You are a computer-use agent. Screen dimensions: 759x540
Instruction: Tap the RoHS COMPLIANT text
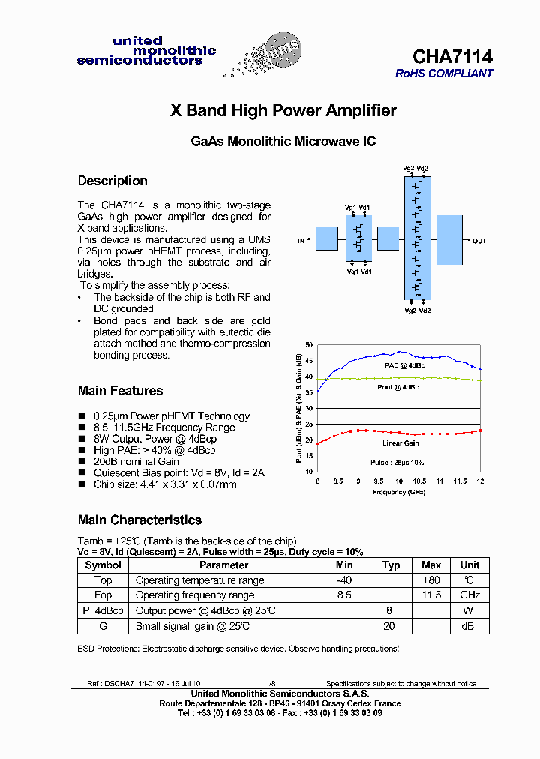444,73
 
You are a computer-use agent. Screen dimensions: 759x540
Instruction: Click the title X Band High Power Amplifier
283,111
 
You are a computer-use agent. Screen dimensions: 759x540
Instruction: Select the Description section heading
112,181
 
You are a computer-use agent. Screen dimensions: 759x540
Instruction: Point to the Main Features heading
120,391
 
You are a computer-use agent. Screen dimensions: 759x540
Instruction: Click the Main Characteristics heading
139,520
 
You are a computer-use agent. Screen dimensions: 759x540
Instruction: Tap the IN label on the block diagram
301,241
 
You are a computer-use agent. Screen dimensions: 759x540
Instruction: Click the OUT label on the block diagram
479,241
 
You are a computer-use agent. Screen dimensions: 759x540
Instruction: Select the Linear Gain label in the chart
401,443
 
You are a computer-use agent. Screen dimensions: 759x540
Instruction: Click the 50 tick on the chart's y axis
309,345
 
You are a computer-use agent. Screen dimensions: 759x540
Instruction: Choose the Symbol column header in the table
103,565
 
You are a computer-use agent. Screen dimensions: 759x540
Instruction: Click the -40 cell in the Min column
344,580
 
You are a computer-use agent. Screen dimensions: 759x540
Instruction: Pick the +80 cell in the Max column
431,580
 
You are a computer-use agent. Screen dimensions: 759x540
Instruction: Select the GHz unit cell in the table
469,595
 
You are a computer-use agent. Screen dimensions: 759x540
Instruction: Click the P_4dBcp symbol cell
103,611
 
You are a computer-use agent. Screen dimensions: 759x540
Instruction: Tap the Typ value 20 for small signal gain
388,626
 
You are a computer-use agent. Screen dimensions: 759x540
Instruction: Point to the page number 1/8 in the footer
271,684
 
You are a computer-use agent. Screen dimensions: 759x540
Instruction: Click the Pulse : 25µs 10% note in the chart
397,463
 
